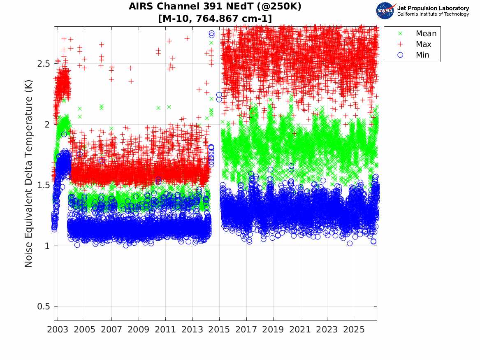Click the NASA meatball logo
pyautogui.click(x=385, y=11)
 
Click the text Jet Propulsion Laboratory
pyautogui.click(x=433, y=8)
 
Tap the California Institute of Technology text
pyautogui.click(x=433, y=14)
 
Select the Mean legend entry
pyautogui.click(x=417, y=33)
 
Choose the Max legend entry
pyautogui.click(x=414, y=44)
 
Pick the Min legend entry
pyautogui.click(x=413, y=55)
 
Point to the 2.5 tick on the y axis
pyautogui.click(x=44, y=64)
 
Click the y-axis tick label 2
pyautogui.click(x=47, y=124)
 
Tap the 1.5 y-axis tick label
pyautogui.click(x=44, y=185)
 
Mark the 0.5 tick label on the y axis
pyautogui.click(x=44, y=307)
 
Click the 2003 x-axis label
pyautogui.click(x=58, y=330)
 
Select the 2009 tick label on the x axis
pyautogui.click(x=138, y=330)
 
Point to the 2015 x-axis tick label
pyautogui.click(x=219, y=330)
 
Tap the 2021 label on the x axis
pyautogui.click(x=300, y=330)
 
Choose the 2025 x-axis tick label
pyautogui.click(x=354, y=330)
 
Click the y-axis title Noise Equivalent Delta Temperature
pyautogui.click(x=28, y=174)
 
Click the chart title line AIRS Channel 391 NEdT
pyautogui.click(x=215, y=6)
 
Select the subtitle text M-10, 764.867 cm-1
pyautogui.click(x=215, y=19)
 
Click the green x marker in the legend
pyautogui.click(x=400, y=33)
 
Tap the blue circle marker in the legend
pyautogui.click(x=400, y=55)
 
